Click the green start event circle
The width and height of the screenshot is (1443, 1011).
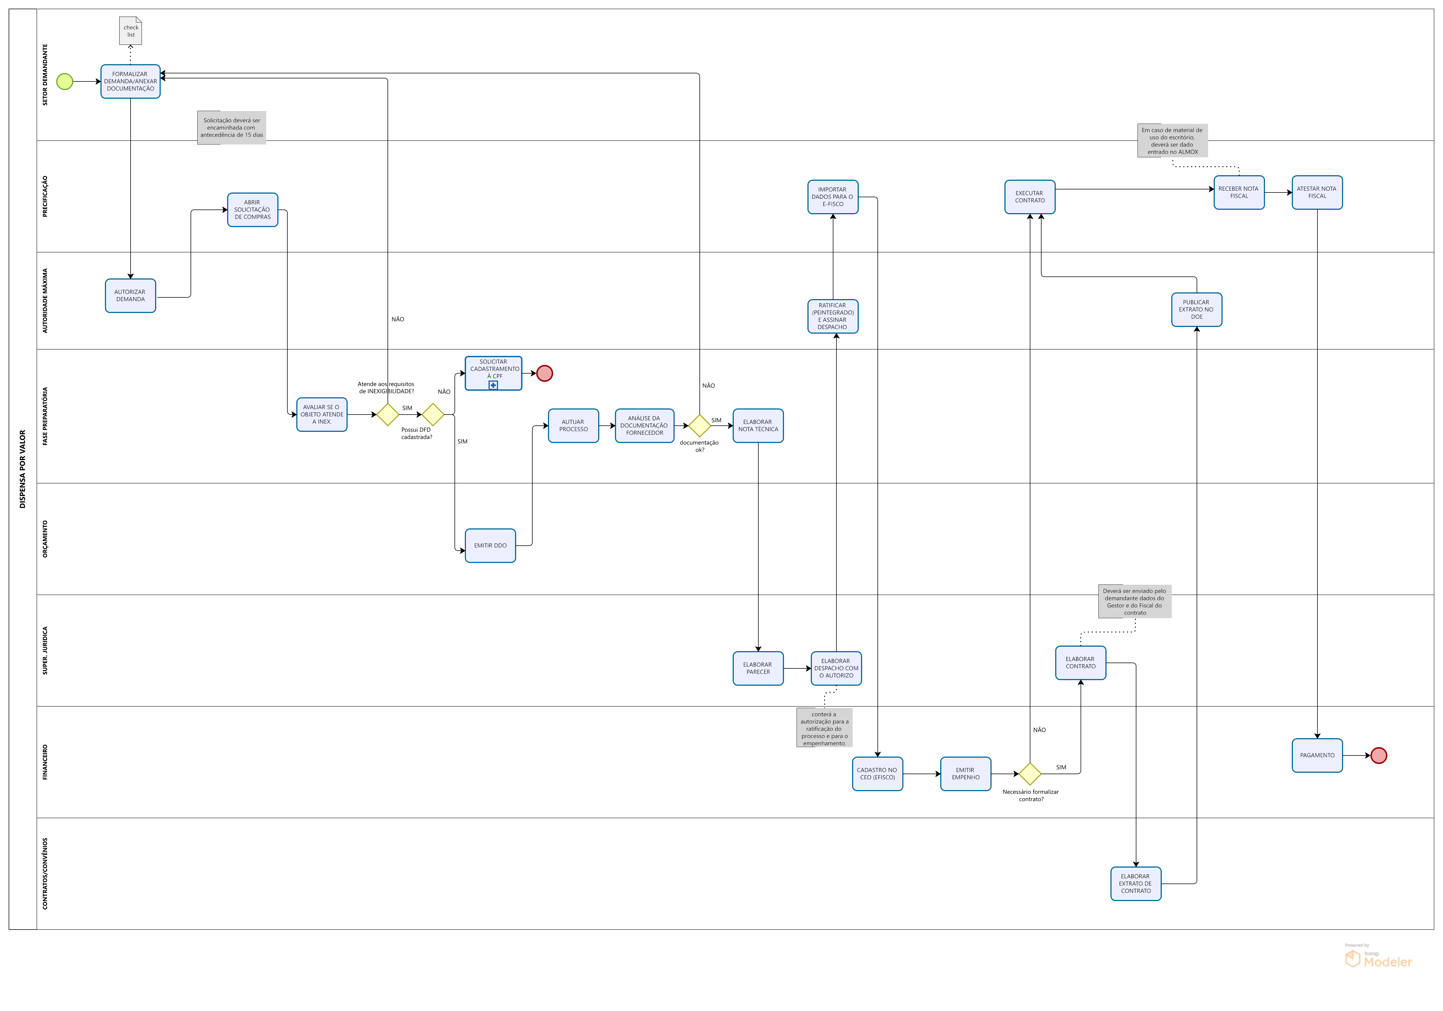coord(65,82)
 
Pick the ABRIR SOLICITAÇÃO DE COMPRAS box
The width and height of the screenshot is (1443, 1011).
coord(253,210)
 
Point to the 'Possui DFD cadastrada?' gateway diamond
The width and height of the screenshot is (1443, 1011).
coord(433,415)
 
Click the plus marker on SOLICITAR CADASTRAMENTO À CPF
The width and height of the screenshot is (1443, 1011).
coord(493,385)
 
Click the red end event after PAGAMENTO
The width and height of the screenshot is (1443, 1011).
coord(1379,756)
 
